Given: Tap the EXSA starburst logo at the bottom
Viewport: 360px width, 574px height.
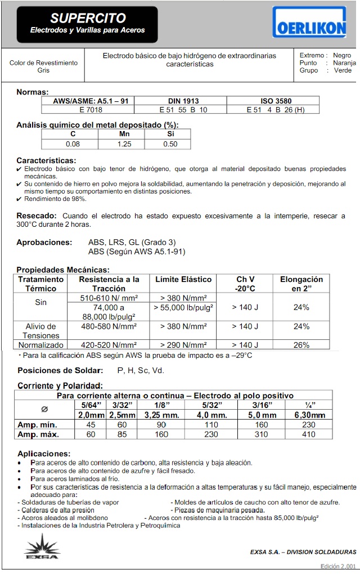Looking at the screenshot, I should point(41,547).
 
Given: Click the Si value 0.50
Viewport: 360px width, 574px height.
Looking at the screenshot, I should point(170,144).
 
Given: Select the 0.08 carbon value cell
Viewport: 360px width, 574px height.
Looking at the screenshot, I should point(73,144).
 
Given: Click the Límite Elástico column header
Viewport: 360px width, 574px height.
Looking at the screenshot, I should point(183,279).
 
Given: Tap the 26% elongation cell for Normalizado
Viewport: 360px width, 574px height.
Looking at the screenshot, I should point(301,344).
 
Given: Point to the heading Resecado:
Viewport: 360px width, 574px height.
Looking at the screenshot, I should point(37,216).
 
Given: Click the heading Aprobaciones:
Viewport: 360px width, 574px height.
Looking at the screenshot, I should point(44,242).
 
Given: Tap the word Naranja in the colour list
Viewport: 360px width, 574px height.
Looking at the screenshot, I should point(344,63).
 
